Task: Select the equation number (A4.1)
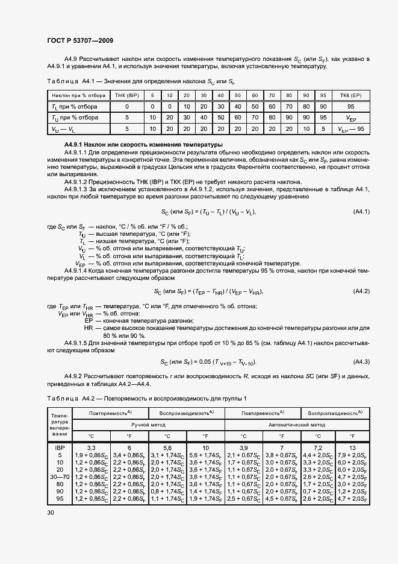tap(361, 212)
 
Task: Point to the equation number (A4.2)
tap(361, 292)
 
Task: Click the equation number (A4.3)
tap(361, 362)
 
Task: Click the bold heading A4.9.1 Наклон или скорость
tap(143, 145)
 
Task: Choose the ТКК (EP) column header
tap(350, 96)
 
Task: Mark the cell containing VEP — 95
tap(350, 129)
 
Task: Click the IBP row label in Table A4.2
tap(60, 448)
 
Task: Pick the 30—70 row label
tap(60, 477)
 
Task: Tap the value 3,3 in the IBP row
tap(92, 448)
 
